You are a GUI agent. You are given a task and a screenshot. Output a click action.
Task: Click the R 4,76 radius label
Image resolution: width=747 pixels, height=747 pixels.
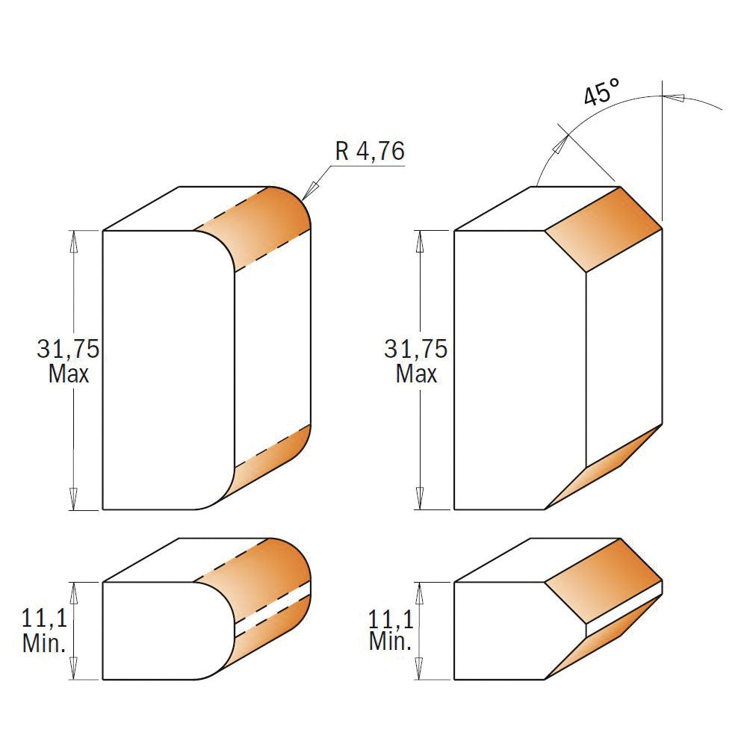point(370,152)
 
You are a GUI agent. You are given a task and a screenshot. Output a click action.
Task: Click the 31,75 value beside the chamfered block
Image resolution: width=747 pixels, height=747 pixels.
point(416,349)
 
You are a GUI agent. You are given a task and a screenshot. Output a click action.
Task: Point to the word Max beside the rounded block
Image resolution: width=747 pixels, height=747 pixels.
point(69,373)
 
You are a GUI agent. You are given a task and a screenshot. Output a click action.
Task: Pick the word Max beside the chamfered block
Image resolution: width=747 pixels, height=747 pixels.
point(417,373)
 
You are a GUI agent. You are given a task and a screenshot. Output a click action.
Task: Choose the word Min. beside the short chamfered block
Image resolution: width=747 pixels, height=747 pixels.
point(390,642)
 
